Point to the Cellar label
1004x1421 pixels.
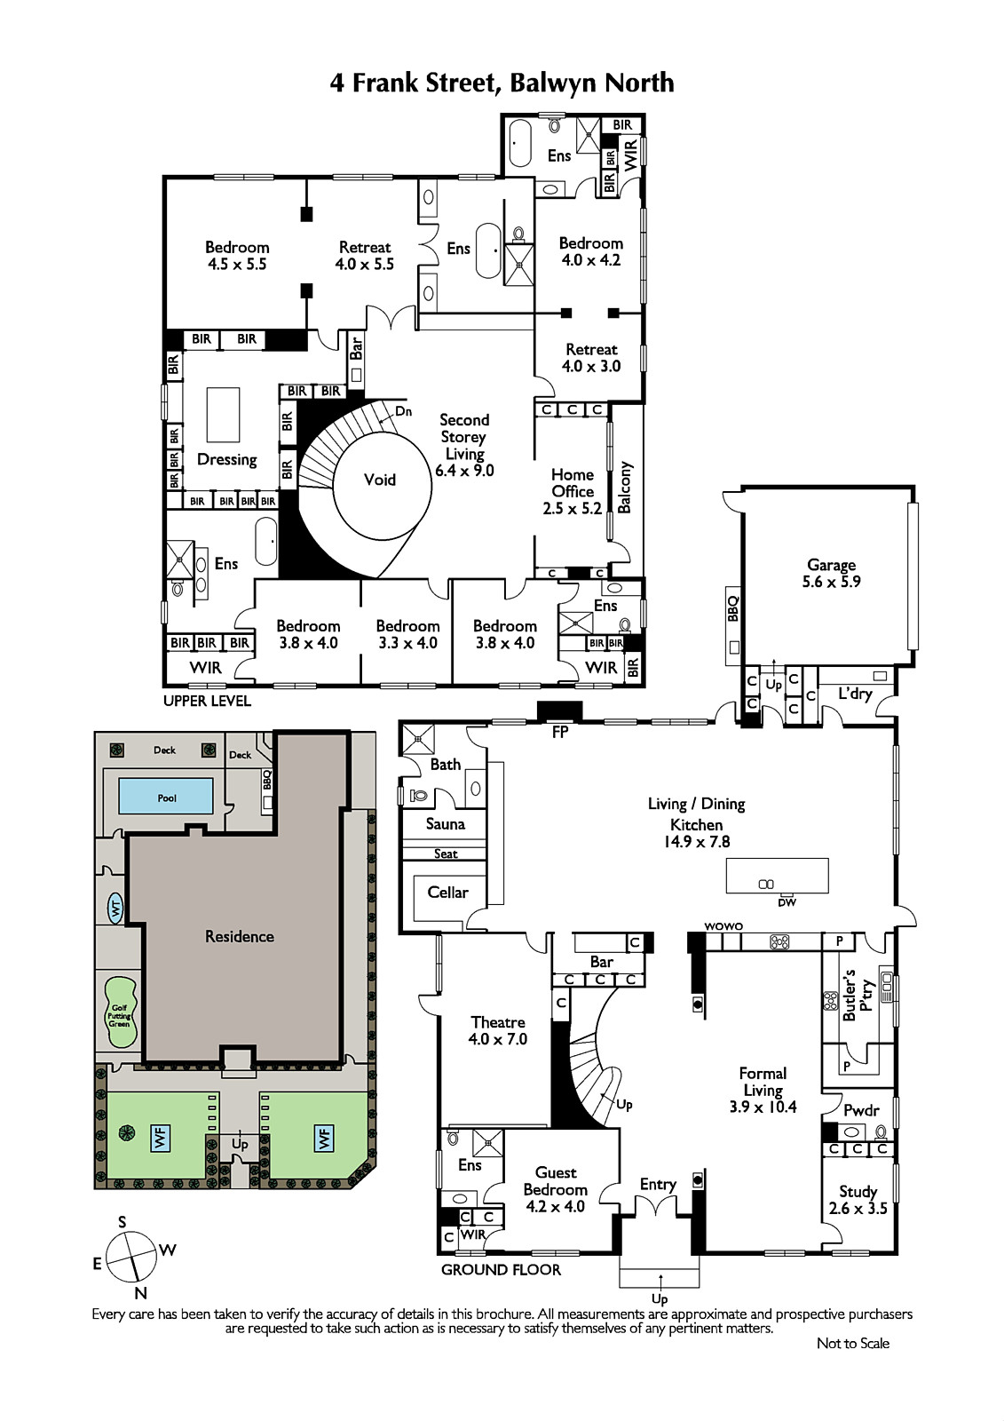(447, 892)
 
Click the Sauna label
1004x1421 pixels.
(446, 824)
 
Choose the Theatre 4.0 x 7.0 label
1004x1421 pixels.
(498, 1030)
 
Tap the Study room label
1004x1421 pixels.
(858, 1200)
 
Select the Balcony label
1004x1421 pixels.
(625, 488)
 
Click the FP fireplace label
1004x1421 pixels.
(559, 732)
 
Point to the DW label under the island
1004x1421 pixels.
(787, 902)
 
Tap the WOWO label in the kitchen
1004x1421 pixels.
(723, 926)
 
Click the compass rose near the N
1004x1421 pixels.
(131, 1255)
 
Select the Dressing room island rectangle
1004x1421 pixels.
(223, 415)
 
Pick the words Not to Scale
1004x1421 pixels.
(852, 1343)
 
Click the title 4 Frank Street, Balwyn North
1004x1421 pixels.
(502, 83)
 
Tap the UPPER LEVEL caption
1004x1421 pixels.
(208, 701)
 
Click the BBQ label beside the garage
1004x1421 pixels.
(734, 608)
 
